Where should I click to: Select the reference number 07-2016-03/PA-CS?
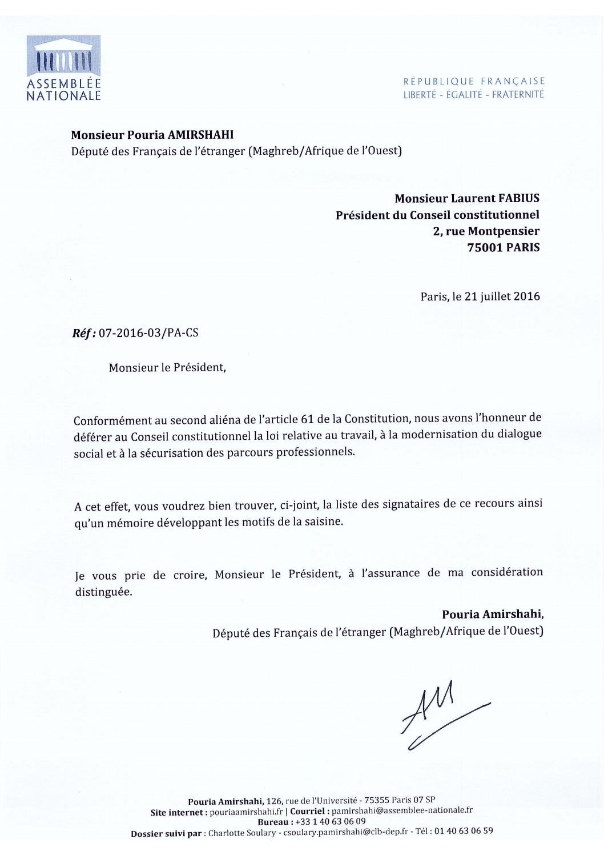click(x=148, y=332)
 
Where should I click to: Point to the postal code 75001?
click(x=485, y=248)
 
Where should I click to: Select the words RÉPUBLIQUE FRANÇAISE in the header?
click(x=474, y=82)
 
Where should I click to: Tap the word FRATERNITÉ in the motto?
click(x=518, y=95)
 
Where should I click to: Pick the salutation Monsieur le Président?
click(x=168, y=367)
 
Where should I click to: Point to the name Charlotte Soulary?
click(x=236, y=833)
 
